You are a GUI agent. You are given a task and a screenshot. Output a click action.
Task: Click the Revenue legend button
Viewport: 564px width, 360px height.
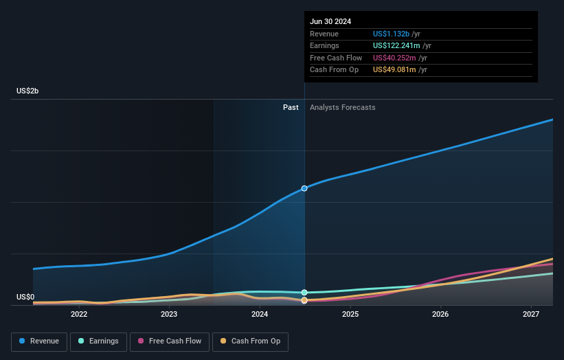tap(39, 341)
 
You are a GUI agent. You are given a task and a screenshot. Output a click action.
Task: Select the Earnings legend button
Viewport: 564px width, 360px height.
tap(98, 341)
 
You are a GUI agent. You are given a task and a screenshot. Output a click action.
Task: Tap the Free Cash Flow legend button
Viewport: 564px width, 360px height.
tap(168, 341)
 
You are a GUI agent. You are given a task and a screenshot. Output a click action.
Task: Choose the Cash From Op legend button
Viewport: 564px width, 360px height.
tap(250, 341)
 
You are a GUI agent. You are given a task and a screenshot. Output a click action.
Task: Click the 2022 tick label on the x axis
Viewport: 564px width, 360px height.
tap(79, 315)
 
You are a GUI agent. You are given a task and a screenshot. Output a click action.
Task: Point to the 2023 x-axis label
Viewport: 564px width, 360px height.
tap(169, 315)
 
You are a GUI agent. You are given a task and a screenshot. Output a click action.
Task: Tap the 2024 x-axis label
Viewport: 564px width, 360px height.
tap(260, 315)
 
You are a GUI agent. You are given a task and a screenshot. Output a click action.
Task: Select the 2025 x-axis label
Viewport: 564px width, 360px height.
tap(350, 315)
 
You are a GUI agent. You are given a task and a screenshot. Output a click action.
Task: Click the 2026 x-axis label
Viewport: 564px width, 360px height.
tap(440, 315)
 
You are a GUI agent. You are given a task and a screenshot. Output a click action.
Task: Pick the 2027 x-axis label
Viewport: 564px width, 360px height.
tap(530, 315)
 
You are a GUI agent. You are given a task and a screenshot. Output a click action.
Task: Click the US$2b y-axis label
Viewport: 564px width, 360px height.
tap(27, 91)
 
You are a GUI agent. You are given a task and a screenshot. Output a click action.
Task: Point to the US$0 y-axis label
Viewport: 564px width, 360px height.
tap(25, 297)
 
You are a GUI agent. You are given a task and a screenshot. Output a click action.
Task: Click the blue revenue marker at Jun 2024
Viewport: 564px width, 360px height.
tap(304, 188)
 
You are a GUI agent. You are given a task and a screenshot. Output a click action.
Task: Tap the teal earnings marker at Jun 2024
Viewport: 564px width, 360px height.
tap(304, 293)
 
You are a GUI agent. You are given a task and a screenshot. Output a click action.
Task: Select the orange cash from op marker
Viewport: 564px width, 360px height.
tap(304, 300)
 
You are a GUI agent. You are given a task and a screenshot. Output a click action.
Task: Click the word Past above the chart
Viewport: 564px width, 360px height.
tap(291, 107)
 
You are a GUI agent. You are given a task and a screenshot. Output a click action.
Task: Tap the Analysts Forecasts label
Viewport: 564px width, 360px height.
tap(343, 107)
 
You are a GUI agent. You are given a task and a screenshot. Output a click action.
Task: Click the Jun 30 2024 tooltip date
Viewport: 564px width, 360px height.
tap(330, 21)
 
